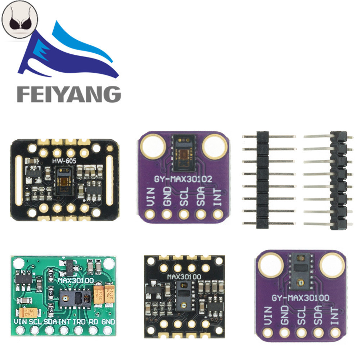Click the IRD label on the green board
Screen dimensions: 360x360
[79, 321]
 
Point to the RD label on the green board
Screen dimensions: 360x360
[93, 321]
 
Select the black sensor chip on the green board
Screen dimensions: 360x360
[76, 298]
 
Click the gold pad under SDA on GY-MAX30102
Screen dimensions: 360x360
[201, 215]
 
